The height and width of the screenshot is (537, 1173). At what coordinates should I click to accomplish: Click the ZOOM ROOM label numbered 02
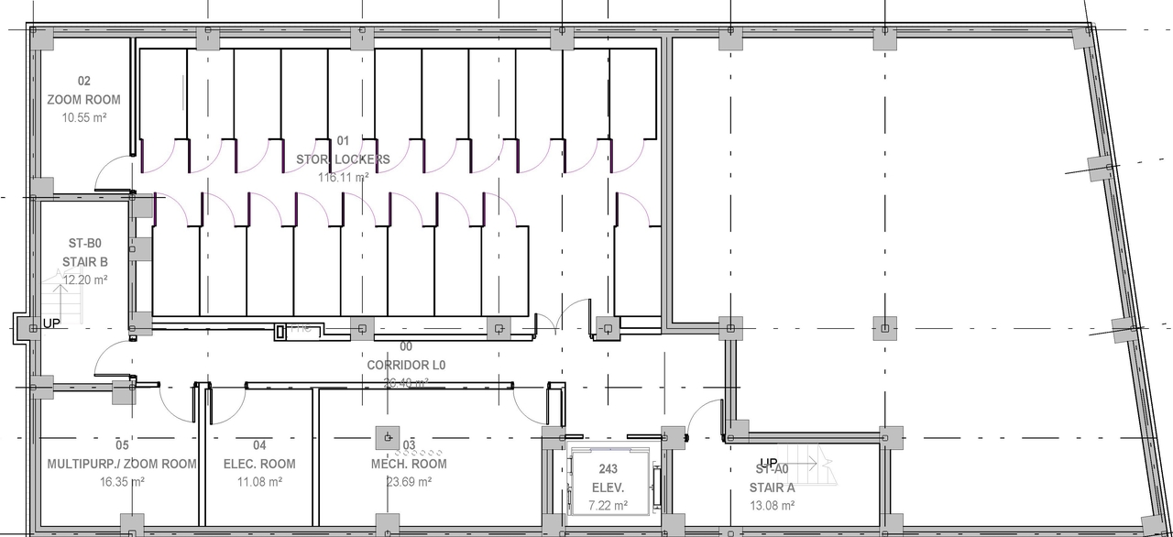(x=83, y=100)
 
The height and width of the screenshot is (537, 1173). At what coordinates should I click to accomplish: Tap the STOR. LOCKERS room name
(x=343, y=159)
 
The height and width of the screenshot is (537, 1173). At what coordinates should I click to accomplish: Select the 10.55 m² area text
(x=83, y=118)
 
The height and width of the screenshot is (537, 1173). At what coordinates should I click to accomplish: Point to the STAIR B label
(x=84, y=261)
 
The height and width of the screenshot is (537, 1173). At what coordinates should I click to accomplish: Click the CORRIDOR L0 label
(x=405, y=365)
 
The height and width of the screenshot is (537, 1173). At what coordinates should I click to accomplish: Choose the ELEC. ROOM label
(x=259, y=464)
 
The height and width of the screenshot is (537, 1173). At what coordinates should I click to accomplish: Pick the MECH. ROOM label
(x=409, y=464)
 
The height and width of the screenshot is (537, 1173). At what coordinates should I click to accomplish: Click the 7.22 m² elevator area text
(x=608, y=505)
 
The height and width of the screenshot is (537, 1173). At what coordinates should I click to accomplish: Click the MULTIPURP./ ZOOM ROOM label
(x=122, y=464)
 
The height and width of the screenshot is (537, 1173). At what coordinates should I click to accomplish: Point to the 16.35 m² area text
(x=122, y=481)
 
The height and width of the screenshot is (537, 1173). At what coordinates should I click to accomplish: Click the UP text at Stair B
(x=51, y=324)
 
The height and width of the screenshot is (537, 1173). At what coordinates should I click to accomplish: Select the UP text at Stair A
(x=768, y=463)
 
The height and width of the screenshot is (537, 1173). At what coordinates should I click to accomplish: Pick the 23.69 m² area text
(x=409, y=481)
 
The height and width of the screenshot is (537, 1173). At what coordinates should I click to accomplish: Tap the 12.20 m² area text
(x=84, y=279)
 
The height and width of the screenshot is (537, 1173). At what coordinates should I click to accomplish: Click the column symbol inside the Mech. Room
(x=388, y=436)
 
